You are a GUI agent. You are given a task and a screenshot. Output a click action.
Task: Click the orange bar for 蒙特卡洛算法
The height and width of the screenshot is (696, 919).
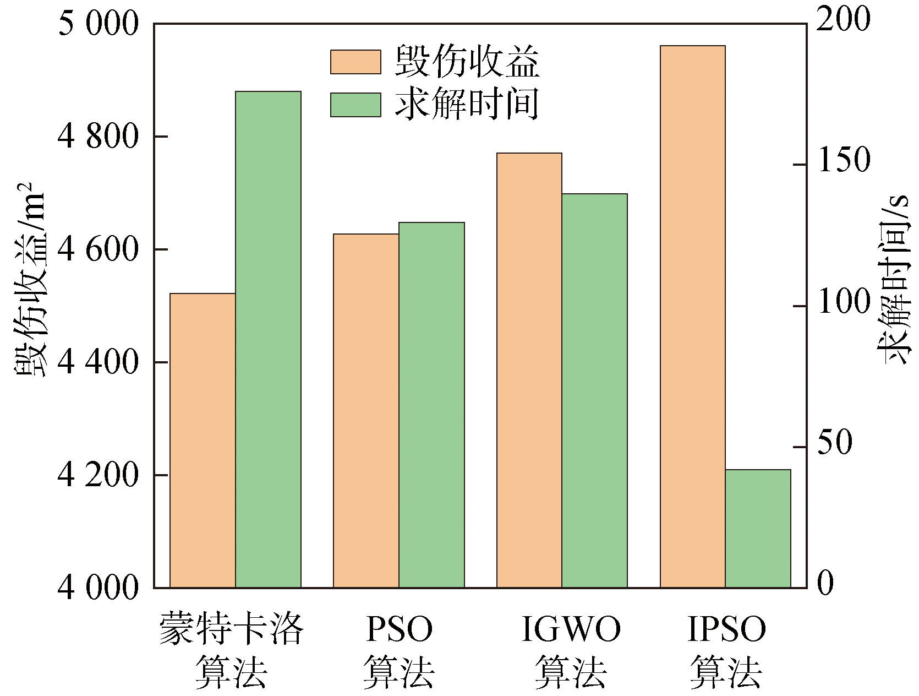203,441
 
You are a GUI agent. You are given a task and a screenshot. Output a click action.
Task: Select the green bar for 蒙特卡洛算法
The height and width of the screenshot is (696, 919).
268,339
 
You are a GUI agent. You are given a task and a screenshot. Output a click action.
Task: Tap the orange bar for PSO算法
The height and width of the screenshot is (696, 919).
366,411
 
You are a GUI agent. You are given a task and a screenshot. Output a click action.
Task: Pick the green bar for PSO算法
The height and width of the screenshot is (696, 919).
431,405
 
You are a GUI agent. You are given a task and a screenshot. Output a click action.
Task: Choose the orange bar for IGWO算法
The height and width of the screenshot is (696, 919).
529,370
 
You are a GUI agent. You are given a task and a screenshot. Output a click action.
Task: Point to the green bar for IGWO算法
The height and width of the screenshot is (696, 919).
594,390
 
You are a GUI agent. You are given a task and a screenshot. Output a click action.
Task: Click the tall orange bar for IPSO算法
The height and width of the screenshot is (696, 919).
692,317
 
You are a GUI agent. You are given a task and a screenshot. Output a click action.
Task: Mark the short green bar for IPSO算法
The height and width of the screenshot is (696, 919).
758,529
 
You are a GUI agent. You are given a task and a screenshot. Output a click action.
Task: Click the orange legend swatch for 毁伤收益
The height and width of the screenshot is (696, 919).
355,62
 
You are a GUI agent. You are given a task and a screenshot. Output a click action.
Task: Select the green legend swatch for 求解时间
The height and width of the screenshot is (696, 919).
355,105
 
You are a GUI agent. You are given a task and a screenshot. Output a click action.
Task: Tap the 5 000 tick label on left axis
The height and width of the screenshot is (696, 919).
97,24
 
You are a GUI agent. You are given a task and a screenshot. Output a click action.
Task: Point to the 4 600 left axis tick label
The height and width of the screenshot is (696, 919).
97,250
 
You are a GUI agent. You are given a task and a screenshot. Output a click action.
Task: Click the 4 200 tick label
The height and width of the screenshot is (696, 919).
97,475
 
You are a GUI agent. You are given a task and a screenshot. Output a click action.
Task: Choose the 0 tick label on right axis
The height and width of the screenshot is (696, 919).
825,584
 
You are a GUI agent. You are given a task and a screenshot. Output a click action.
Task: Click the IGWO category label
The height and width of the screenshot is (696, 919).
571,629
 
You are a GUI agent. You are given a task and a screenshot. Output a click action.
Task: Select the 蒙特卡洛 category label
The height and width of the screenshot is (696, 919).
231,629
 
